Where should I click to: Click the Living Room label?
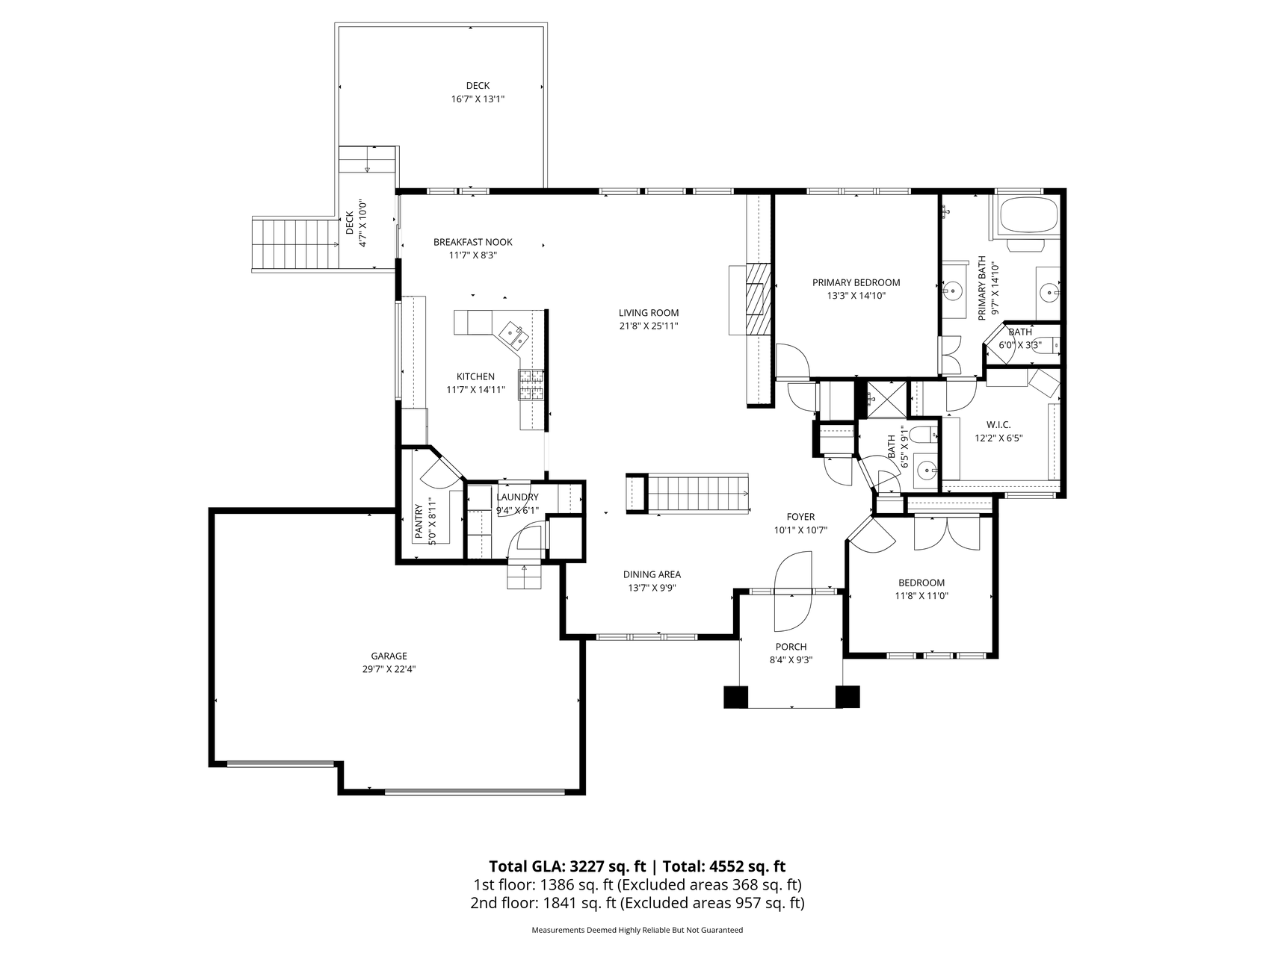(x=648, y=313)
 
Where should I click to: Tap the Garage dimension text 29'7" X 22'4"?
(x=389, y=669)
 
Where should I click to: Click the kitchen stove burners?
(x=531, y=385)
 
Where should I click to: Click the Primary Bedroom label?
(x=856, y=282)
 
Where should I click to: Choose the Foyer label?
(x=800, y=517)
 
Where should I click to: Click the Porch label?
(x=791, y=647)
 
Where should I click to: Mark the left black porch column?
(x=736, y=696)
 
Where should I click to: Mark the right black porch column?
(x=848, y=696)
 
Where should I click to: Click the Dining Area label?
(x=652, y=574)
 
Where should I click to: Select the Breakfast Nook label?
(x=473, y=242)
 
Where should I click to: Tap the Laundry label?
(x=517, y=497)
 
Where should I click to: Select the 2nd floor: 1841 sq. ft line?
(x=637, y=903)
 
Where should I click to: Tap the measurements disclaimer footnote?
(x=637, y=931)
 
